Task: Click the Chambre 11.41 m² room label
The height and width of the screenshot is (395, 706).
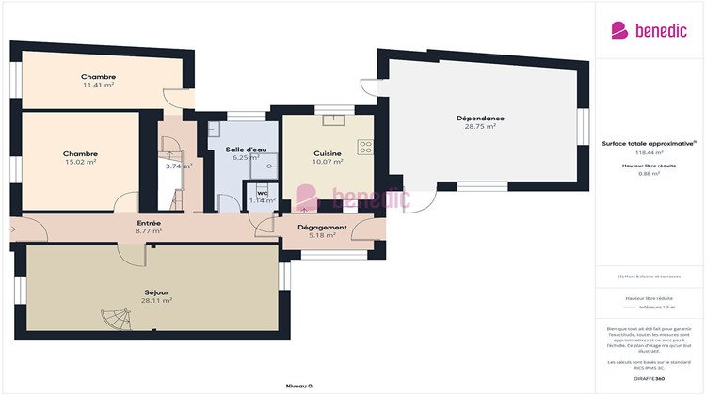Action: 97,81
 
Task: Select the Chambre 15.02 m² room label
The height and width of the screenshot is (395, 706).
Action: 80,157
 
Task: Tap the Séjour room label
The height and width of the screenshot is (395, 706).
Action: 155,296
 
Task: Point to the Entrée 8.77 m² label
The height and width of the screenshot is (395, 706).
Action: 149,227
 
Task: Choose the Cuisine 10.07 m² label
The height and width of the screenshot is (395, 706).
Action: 327,157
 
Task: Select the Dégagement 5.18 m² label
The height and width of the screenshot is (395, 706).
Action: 322,231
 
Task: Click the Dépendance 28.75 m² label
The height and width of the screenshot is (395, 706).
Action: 480,122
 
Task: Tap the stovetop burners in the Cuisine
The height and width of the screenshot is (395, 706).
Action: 365,147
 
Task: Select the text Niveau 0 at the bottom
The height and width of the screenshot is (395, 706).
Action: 298,386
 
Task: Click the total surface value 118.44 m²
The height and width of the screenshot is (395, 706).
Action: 649,152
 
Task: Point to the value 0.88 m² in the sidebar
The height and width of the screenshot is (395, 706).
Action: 649,173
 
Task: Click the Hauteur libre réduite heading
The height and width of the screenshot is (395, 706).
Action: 649,165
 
